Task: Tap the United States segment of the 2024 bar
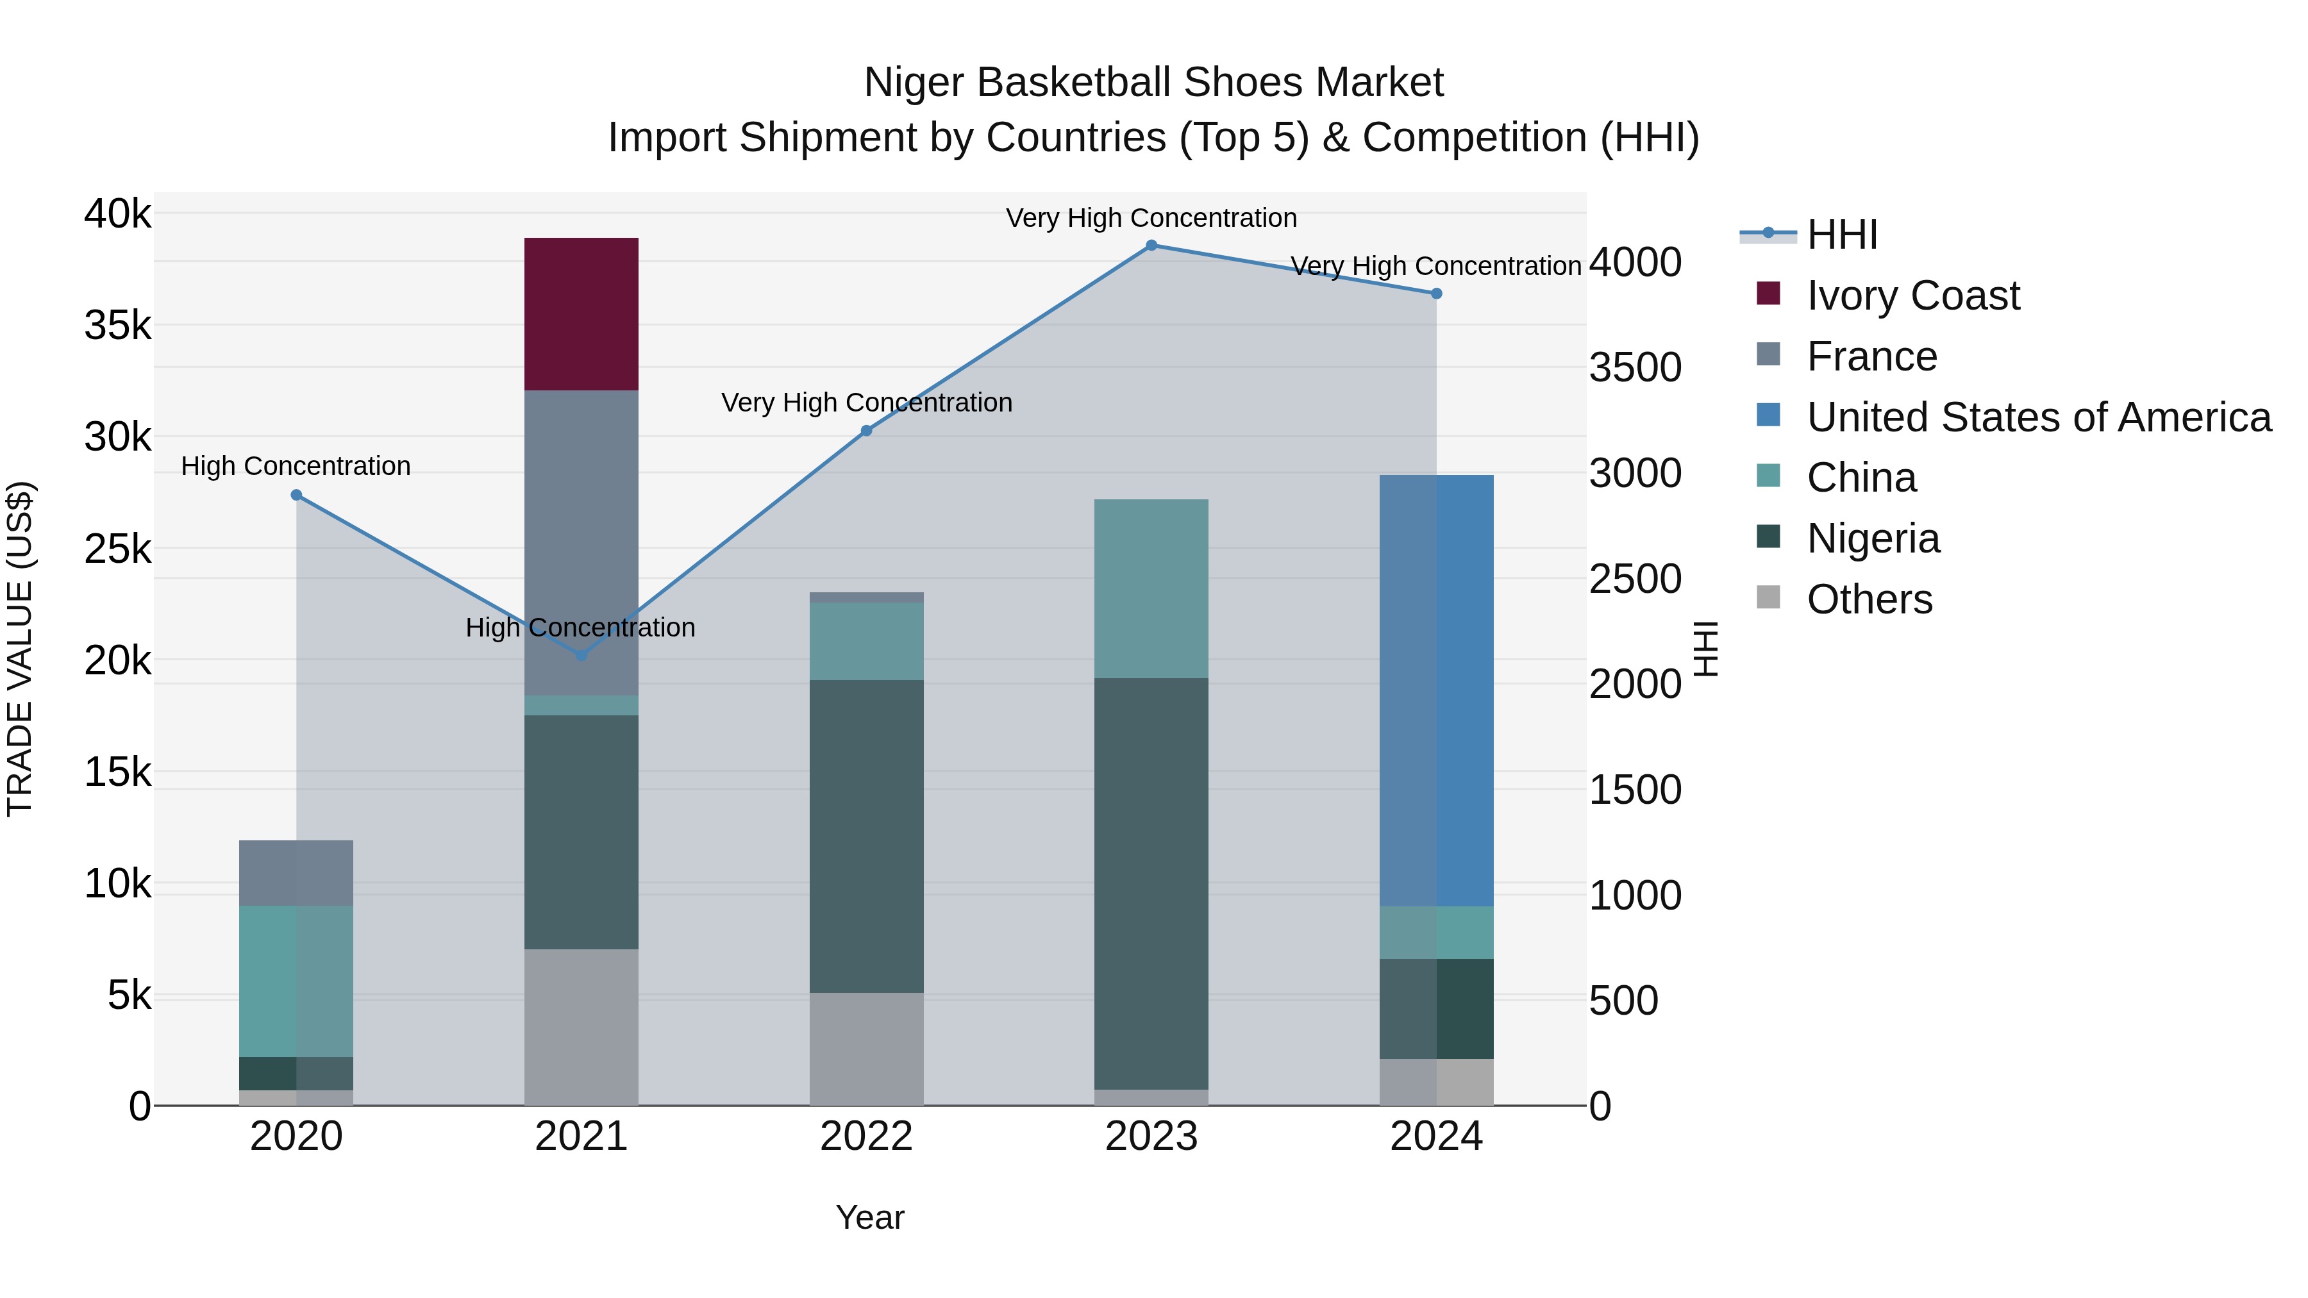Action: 1436,690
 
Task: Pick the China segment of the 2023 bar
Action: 1151,588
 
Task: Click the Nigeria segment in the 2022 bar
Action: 866,836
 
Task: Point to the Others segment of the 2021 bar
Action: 581,1027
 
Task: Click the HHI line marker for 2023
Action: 1151,245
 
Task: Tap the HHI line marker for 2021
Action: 581,656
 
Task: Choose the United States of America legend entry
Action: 2038,417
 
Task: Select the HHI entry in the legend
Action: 1841,235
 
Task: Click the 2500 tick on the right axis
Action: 1634,579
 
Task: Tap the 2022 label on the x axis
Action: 866,1136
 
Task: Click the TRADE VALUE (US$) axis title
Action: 20,649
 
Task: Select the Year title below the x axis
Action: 869,1217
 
